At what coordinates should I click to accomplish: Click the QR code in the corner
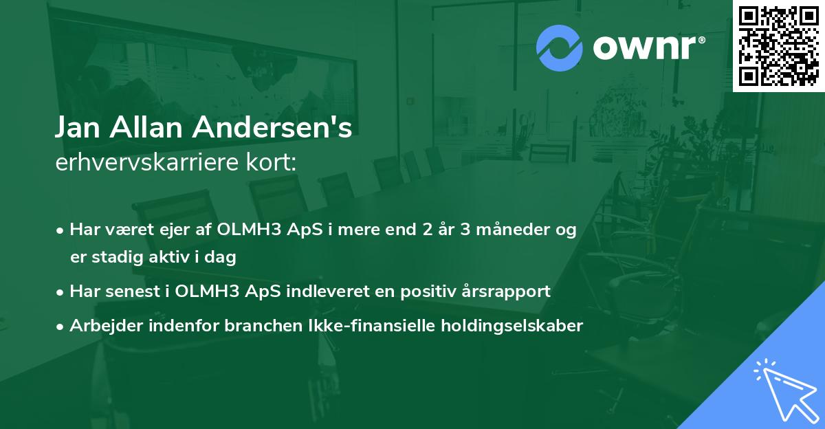778,46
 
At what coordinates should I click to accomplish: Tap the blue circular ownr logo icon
559,48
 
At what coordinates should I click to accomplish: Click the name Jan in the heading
78,128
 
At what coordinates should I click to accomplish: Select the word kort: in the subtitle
274,163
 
